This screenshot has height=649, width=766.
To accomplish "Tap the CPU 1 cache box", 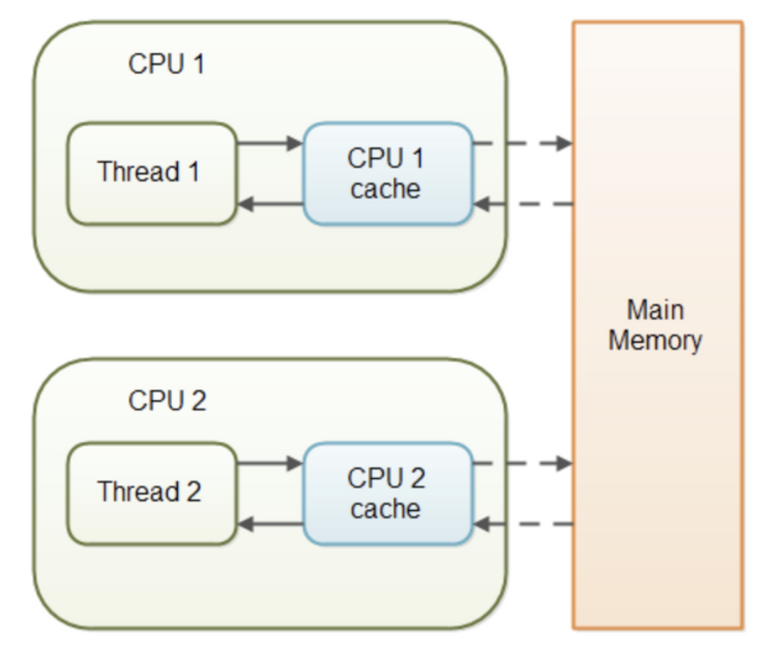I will [x=387, y=174].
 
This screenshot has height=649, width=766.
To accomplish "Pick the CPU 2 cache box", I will [x=387, y=493].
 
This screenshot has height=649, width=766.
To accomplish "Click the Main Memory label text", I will [x=656, y=325].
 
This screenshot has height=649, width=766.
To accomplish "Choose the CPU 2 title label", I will [x=167, y=401].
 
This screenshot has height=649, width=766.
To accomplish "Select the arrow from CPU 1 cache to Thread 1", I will [x=269, y=205].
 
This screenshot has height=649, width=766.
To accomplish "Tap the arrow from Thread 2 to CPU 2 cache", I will [x=269, y=463].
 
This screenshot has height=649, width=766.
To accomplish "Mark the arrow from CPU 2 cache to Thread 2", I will [x=269, y=524].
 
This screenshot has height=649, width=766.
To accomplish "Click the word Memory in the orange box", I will [x=656, y=340].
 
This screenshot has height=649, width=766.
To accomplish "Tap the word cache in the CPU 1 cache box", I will [x=386, y=189].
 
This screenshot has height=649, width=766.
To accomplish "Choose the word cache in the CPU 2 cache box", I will [x=386, y=508].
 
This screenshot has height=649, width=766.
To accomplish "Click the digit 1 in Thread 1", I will [x=193, y=172].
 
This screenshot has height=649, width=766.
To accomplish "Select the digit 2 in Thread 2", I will [x=193, y=492].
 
